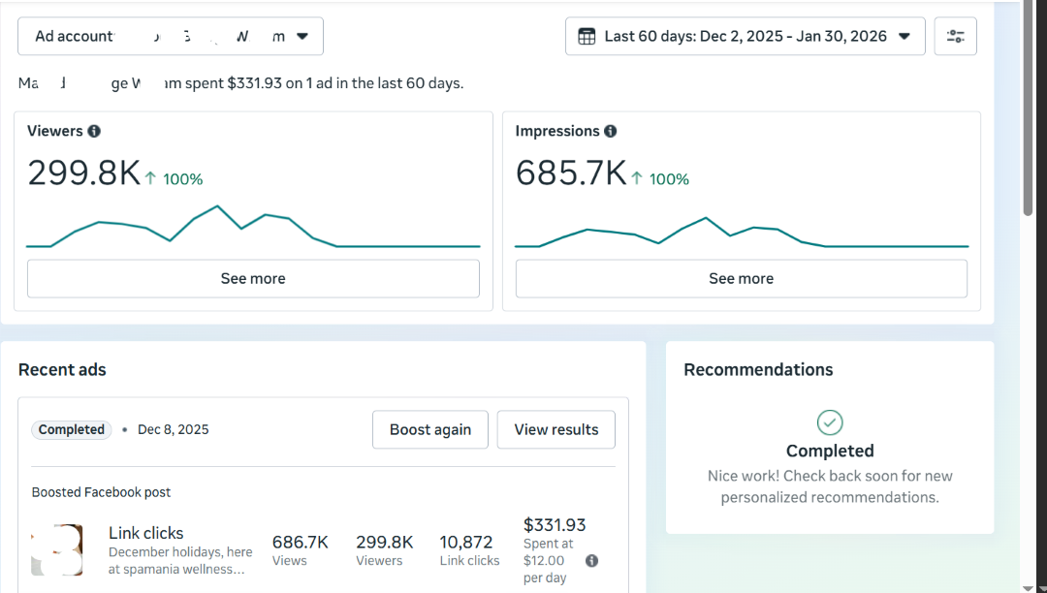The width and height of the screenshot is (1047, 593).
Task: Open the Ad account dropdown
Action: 171,36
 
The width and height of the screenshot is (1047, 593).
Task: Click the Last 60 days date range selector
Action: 745,36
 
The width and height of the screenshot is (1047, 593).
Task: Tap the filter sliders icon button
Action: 955,36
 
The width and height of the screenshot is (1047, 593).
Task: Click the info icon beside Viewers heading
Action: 94,131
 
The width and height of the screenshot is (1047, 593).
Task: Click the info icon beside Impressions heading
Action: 611,131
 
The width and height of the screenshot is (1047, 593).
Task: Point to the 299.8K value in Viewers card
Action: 83,173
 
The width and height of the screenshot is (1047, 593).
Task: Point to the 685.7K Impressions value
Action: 571,173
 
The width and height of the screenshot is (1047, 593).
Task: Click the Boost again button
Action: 430,429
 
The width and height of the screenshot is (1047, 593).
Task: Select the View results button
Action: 555,429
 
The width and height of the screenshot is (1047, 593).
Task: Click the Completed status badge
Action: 72,429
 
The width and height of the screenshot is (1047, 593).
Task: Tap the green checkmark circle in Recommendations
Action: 830,422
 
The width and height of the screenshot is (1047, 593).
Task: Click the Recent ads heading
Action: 62,369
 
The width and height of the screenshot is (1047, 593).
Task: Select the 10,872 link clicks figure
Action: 466,542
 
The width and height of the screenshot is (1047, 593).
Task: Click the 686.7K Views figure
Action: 300,542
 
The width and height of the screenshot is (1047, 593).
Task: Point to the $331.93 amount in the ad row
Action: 555,525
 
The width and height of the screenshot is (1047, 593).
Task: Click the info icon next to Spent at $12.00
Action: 591,561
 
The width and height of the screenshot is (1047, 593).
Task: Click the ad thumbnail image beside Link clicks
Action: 57,549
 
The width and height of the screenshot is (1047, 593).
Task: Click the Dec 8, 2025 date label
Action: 173,429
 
